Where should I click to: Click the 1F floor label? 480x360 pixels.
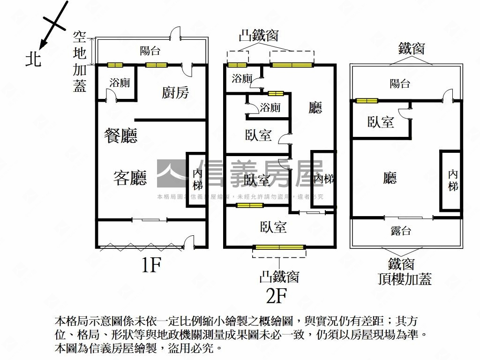151,265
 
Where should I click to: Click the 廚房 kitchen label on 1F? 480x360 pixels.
175,93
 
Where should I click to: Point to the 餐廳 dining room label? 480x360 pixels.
121,136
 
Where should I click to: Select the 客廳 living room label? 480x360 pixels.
130,178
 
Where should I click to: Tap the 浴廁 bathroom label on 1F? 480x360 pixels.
120,83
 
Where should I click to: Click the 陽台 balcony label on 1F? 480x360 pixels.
150,51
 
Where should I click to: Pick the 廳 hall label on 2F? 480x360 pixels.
315,108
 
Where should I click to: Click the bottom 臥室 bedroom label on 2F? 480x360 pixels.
273,227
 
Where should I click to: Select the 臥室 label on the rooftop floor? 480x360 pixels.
381,122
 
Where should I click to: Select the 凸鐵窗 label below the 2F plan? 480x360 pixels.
279,277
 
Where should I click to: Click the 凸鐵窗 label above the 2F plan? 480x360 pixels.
259,36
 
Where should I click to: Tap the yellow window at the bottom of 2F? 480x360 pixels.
279,247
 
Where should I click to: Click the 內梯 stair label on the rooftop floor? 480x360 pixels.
452,180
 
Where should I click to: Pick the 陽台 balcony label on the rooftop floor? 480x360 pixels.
400,84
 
